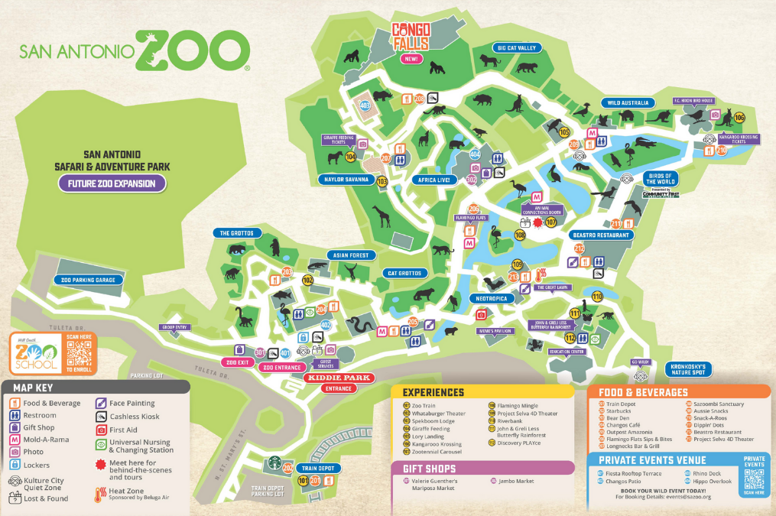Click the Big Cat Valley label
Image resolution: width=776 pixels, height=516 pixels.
click(x=517, y=47)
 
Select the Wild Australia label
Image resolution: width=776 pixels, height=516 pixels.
click(x=628, y=102)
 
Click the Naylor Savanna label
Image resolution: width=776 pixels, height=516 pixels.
click(x=346, y=180)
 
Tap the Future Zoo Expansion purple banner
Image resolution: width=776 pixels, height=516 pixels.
click(x=112, y=183)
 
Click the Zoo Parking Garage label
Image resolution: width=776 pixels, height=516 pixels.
click(x=88, y=281)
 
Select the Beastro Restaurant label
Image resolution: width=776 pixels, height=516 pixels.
click(x=601, y=235)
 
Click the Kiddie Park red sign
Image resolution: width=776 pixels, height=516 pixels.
click(x=338, y=378)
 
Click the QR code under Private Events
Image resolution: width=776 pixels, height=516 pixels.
click(x=753, y=479)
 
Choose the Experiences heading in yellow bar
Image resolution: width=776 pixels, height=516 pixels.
click(x=433, y=392)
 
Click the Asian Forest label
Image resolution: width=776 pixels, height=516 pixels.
click(x=349, y=255)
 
